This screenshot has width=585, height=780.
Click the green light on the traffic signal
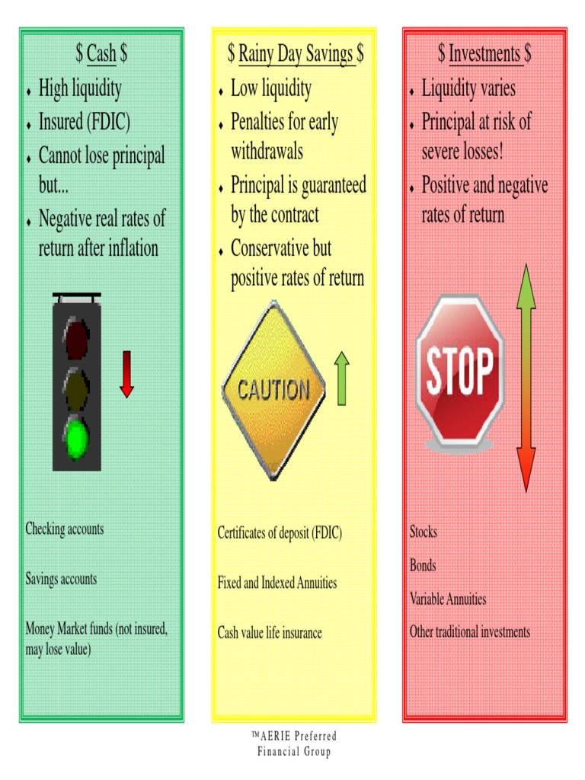click(76, 439)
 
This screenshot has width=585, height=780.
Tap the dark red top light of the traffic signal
click(76, 339)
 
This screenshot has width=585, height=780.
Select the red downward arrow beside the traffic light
click(127, 374)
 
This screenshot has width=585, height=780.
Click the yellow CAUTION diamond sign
click(273, 390)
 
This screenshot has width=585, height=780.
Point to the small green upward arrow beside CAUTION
click(342, 379)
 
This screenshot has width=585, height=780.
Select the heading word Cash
click(101, 53)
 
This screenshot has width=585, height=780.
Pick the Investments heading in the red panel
click(484, 53)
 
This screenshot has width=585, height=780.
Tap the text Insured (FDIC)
click(85, 122)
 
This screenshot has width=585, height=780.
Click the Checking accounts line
click(65, 529)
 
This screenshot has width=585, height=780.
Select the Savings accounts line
click(61, 579)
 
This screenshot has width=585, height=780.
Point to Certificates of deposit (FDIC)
click(280, 532)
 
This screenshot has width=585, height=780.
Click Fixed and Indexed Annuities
click(277, 583)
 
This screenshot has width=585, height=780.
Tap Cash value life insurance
click(270, 633)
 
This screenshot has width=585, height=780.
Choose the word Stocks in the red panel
click(424, 532)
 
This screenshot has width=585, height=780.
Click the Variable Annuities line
click(448, 599)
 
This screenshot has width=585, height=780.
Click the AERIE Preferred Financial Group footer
click(294, 743)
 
